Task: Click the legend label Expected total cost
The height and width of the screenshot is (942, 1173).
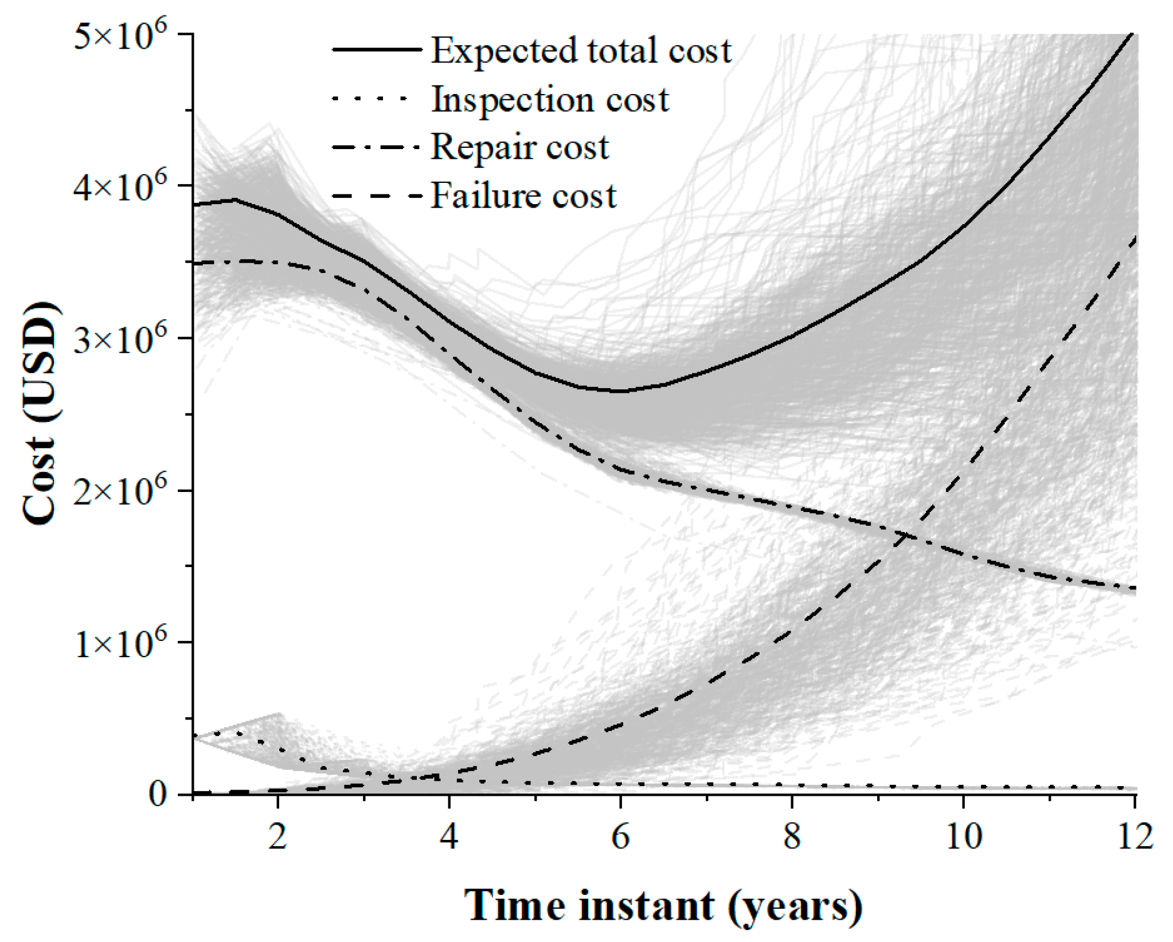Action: (x=581, y=50)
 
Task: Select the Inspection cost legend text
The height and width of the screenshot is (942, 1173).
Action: (x=550, y=100)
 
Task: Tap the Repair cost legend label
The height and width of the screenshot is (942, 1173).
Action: (x=519, y=147)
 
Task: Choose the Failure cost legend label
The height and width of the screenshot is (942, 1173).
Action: (x=523, y=196)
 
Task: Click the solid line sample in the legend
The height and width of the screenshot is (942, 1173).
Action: (x=377, y=50)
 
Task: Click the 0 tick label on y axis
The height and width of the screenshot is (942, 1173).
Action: (x=158, y=795)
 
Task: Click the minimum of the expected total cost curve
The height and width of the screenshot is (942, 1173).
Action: (x=620, y=391)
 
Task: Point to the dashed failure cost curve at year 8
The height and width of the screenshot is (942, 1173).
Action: (x=792, y=631)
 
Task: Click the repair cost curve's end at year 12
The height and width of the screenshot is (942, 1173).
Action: (x=1134, y=588)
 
